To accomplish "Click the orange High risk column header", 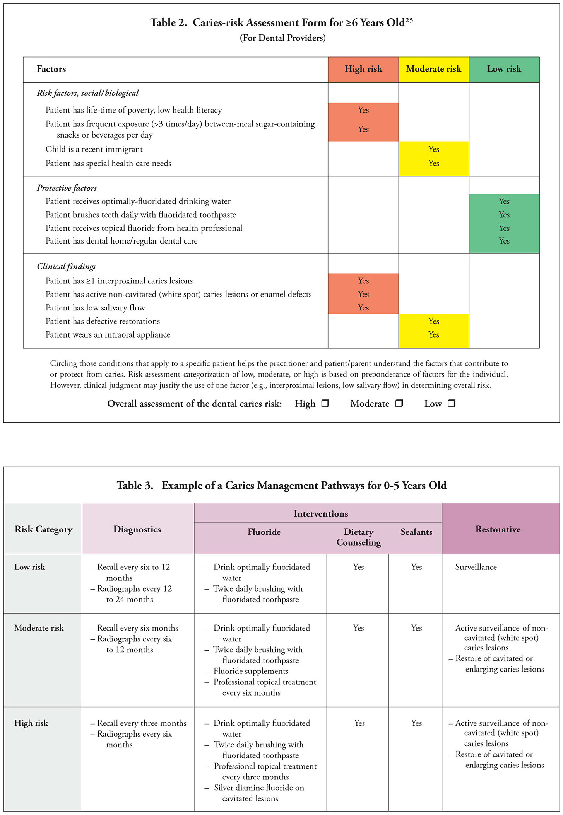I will (x=363, y=69).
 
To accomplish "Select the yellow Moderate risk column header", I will (x=433, y=69).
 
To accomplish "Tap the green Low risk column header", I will (x=504, y=69).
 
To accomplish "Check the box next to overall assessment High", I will (x=325, y=403).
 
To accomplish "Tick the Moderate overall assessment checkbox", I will (x=399, y=403).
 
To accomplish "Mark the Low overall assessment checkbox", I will (x=452, y=403).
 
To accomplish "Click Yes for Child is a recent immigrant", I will (x=433, y=149).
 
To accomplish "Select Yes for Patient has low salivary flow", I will (x=363, y=308).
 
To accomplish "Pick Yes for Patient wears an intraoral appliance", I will (x=433, y=334).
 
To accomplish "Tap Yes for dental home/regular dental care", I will (x=504, y=241).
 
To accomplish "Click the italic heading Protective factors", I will (x=67, y=188).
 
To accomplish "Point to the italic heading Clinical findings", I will (x=66, y=266).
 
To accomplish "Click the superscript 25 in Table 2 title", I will (x=409, y=20).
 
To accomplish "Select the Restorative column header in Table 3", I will (x=498, y=529).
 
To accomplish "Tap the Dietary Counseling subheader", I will (x=358, y=537).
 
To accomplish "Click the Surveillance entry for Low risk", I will (x=476, y=567).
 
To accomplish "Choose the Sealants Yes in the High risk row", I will (x=416, y=723).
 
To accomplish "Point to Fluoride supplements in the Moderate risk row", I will (x=251, y=671).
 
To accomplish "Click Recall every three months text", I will (x=142, y=723).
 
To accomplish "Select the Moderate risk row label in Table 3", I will (x=39, y=628).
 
